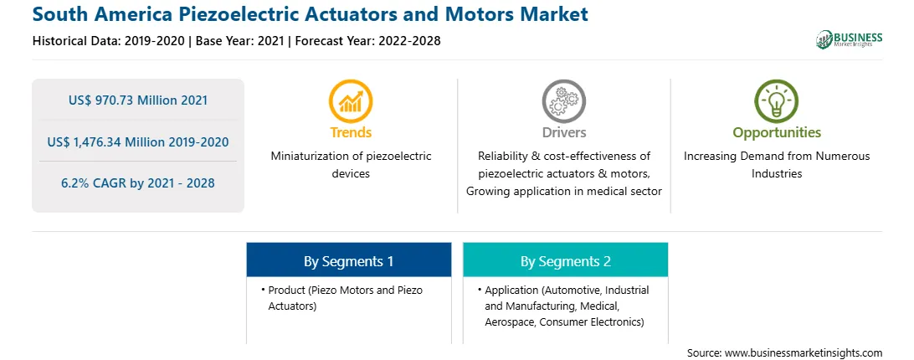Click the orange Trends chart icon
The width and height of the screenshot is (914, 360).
pyautogui.click(x=351, y=101)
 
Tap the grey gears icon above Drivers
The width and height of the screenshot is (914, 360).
pyautogui.click(x=563, y=101)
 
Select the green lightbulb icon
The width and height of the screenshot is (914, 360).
pyautogui.click(x=777, y=101)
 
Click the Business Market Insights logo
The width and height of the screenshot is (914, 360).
pyautogui.click(x=850, y=39)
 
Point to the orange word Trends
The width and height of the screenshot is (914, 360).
pyautogui.click(x=351, y=132)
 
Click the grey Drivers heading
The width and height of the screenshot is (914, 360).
pyautogui.click(x=564, y=132)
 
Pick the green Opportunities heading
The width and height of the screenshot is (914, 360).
pyautogui.click(x=777, y=132)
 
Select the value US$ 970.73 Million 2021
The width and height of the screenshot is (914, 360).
pyautogui.click(x=138, y=100)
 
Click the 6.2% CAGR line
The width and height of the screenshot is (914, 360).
pyautogui.click(x=138, y=183)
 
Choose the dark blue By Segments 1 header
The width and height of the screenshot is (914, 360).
pyautogui.click(x=348, y=261)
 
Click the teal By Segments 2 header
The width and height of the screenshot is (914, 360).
pyautogui.click(x=566, y=261)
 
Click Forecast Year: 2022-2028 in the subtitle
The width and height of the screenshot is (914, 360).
pyautogui.click(x=367, y=41)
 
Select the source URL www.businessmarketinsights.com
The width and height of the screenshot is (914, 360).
pyautogui.click(x=804, y=353)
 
